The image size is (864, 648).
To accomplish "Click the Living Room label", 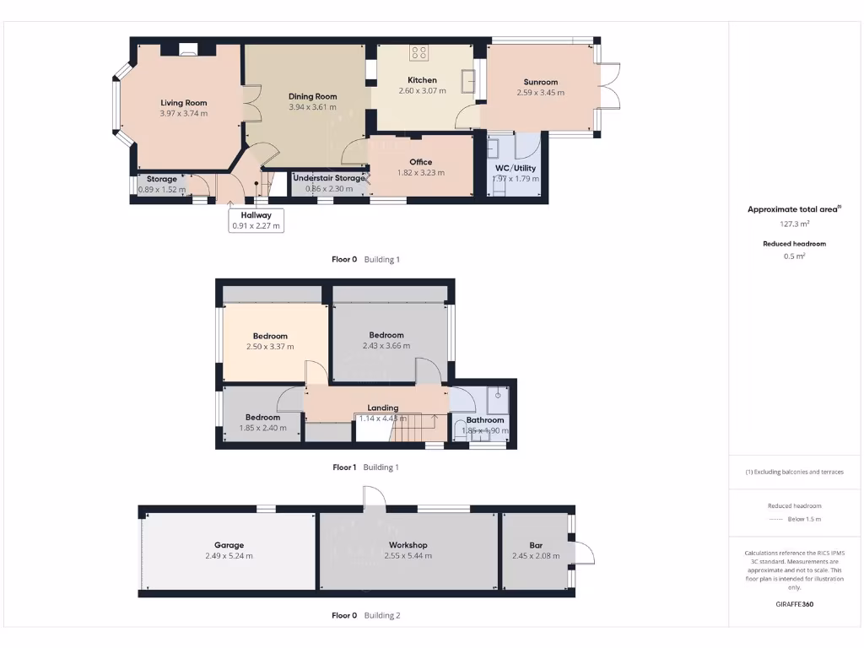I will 184,103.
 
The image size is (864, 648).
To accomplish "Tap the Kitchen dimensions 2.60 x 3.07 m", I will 421,91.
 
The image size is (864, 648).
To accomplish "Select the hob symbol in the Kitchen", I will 419,53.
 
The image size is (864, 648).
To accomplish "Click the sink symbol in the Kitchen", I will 467,81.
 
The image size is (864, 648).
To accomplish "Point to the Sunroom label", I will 540,82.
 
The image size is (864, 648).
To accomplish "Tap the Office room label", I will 421,162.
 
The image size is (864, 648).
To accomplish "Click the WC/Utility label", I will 515,168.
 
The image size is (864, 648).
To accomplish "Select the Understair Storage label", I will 329,178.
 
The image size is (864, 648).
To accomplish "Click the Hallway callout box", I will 256,220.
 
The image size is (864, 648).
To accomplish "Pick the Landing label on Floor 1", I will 382,408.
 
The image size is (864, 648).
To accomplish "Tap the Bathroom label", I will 485,419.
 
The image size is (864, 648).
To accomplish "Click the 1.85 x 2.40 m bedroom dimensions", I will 263,428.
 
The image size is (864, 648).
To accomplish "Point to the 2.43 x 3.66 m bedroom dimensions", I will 386,346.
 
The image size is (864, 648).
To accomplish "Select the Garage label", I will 229,545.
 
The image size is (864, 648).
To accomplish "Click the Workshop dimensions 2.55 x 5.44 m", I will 408,556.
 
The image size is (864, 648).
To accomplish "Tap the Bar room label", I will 536,545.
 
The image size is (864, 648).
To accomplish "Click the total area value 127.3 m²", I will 794,224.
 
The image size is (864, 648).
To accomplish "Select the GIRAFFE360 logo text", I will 794,604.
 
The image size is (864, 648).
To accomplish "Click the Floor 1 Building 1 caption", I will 365,467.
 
